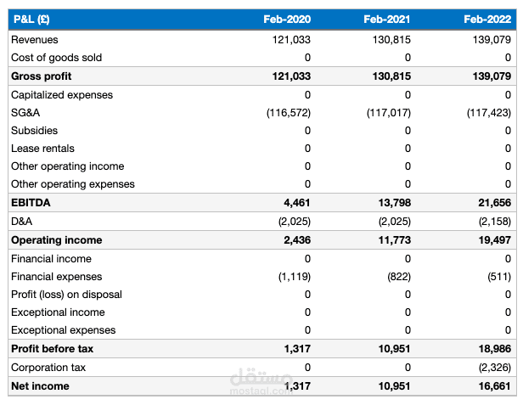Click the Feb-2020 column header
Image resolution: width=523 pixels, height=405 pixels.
click(287, 20)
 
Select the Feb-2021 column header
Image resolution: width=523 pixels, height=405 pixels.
click(387, 20)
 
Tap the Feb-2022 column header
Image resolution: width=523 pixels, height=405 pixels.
click(487, 20)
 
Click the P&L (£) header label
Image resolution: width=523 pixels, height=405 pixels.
click(31, 20)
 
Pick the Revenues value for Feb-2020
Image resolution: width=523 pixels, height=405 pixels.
click(291, 40)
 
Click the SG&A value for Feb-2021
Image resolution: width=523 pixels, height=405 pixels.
click(389, 113)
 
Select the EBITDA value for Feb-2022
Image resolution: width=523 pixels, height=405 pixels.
click(495, 202)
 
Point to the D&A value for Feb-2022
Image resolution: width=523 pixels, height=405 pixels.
click(495, 222)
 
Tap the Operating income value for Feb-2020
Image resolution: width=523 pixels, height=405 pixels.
click(297, 240)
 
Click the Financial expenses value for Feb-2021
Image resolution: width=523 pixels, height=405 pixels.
click(399, 277)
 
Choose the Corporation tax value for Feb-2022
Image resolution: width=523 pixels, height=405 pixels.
click(495, 368)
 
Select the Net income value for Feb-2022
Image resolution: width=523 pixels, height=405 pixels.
click(495, 386)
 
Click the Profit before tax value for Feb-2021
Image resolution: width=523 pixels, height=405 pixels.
click(394, 349)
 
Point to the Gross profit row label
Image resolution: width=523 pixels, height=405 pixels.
click(42, 76)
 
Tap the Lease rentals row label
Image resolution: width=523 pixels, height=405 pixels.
click(42, 149)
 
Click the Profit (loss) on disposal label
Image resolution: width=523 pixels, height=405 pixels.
click(66, 295)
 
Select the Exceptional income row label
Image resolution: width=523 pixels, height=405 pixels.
click(58, 312)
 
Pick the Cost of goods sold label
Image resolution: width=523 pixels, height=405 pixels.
click(56, 58)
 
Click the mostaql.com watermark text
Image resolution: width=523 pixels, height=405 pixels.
click(261, 391)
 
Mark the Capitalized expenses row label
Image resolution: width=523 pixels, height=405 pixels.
click(62, 95)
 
